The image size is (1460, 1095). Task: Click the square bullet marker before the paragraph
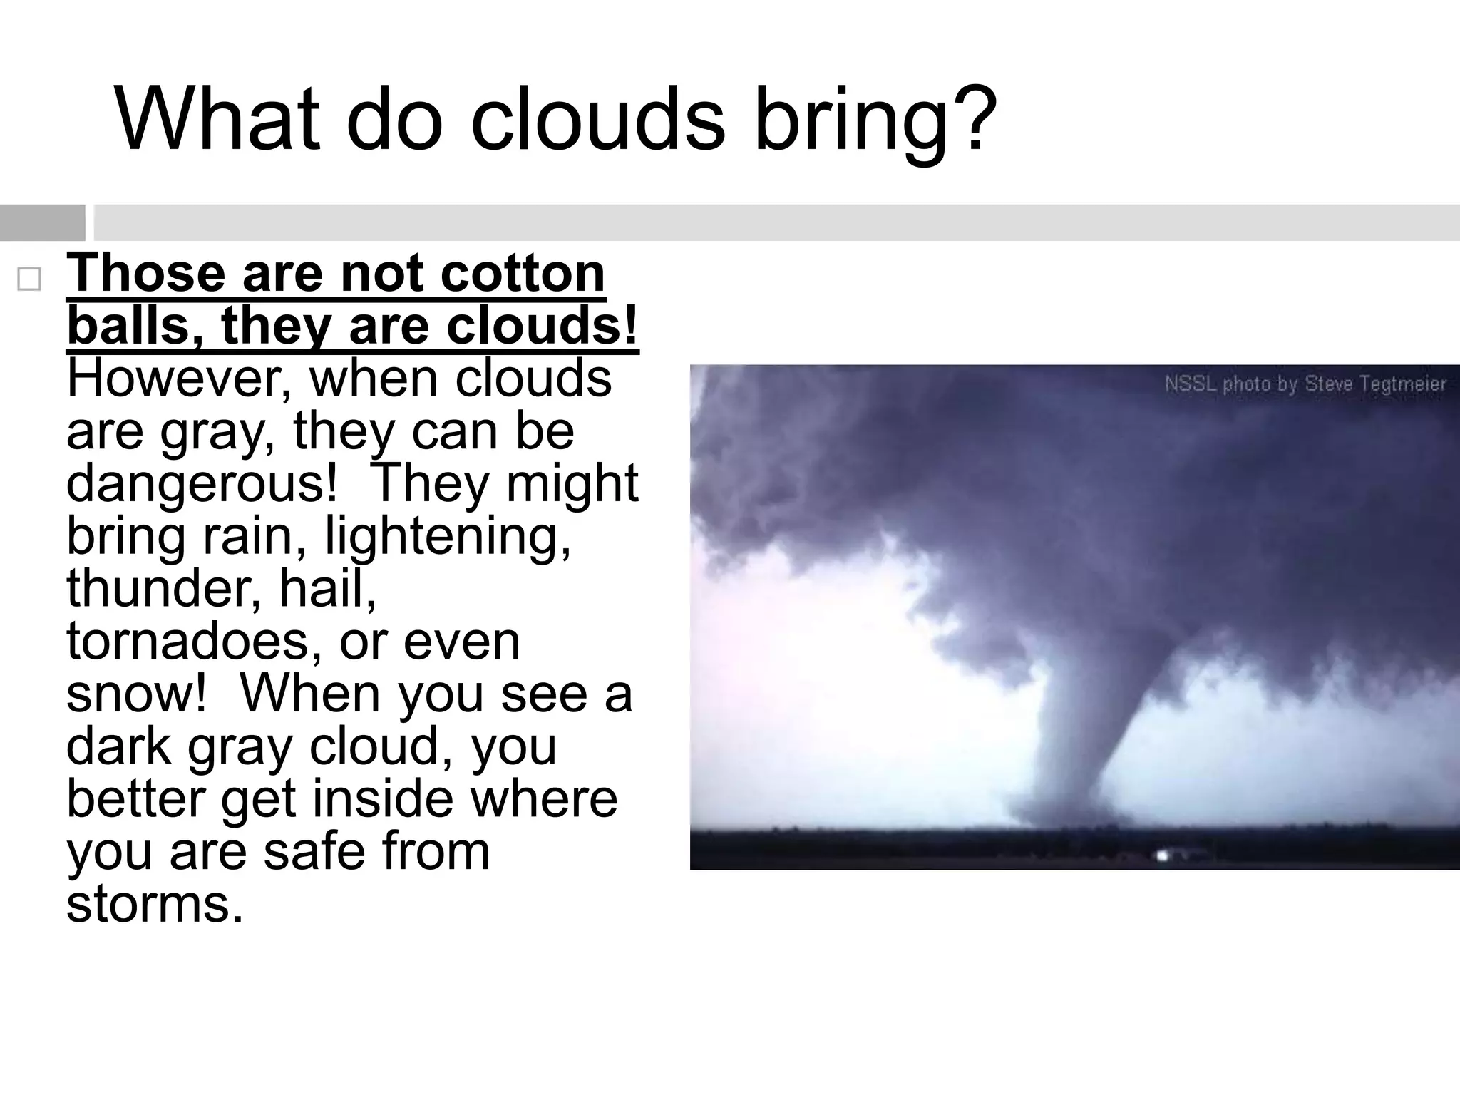tap(29, 279)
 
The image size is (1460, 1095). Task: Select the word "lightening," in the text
tap(448, 536)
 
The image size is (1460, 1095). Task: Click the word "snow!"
tap(136, 694)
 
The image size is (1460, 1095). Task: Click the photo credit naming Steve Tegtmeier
tap(1305, 384)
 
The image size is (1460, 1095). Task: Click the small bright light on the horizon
tap(1163, 855)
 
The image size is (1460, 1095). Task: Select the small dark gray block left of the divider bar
tap(43, 222)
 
